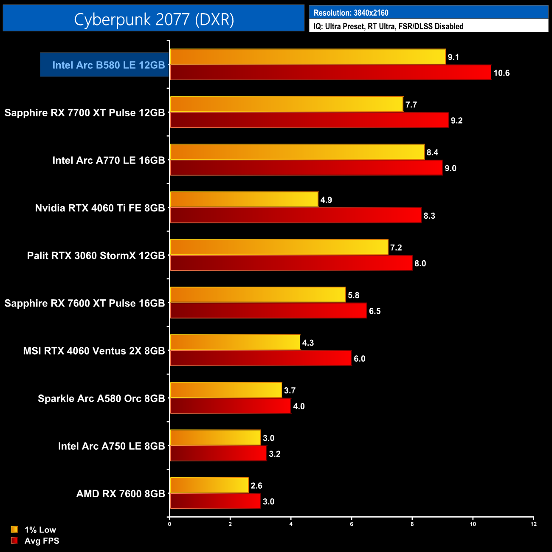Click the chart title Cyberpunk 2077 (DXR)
pos(154,19)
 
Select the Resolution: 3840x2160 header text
pos(351,13)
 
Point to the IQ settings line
pos(388,26)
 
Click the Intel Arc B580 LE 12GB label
pos(108,65)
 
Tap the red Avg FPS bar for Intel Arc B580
pos(330,73)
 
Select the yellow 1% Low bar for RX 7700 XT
pos(286,104)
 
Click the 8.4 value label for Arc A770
pos(432,152)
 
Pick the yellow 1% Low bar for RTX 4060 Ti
pos(244,200)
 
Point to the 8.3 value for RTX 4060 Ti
pos(429,216)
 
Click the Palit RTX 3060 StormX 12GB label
pos(96,256)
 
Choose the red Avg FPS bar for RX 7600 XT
pos(268,311)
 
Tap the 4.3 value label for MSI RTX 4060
pos(308,343)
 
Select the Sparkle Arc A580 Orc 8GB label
pos(101,398)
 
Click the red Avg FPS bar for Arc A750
pos(218,453)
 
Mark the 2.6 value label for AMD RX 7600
pos(256,486)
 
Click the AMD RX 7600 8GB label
pos(121,494)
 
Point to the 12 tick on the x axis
pos(534,524)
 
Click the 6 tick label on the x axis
pos(352,524)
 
